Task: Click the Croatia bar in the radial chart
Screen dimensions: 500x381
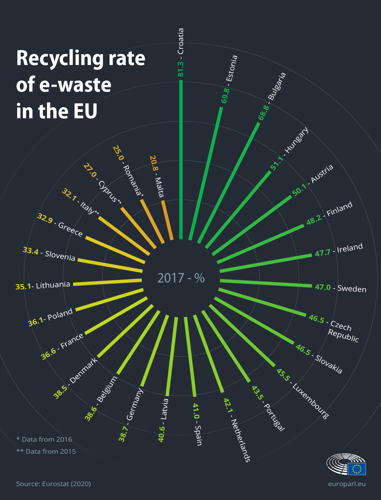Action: click(181, 159)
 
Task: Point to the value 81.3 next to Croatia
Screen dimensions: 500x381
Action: click(181, 68)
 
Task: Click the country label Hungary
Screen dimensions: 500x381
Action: click(296, 140)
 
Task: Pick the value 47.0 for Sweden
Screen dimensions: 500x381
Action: click(323, 287)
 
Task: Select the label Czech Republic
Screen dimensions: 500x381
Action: click(342, 330)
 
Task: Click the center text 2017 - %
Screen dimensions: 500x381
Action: click(181, 278)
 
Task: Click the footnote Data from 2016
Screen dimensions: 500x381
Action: click(44, 439)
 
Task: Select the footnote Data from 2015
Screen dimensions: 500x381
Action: click(46, 451)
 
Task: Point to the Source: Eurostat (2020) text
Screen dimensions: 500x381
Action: click(53, 484)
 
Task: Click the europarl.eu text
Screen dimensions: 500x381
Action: click(347, 484)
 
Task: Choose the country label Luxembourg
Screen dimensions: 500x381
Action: click(311, 401)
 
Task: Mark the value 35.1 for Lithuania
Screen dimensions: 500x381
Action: click(23, 287)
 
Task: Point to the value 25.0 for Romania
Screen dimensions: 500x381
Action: click(118, 153)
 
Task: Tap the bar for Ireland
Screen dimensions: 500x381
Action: click(265, 263)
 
